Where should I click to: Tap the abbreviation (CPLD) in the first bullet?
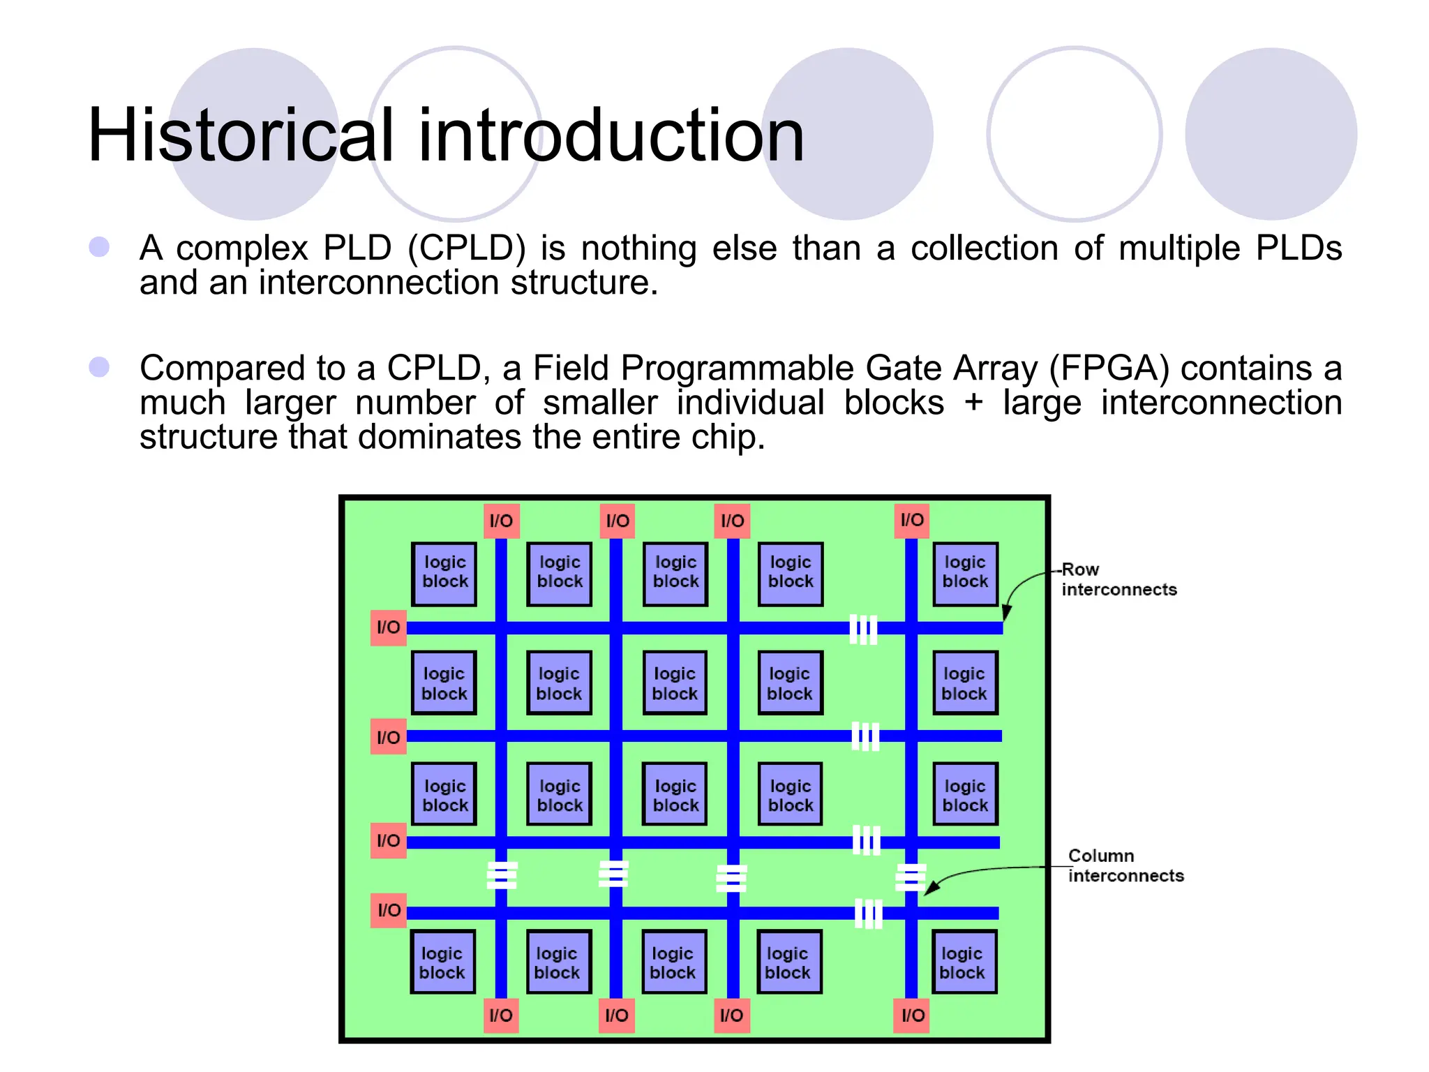(x=466, y=248)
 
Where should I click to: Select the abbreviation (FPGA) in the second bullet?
(x=1109, y=368)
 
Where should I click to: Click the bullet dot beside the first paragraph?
(x=99, y=246)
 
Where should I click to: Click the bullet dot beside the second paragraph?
(x=99, y=367)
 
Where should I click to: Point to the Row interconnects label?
(x=1118, y=579)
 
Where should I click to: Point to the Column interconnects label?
(x=1125, y=865)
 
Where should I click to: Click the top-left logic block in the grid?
(x=444, y=573)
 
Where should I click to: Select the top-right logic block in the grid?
(x=965, y=573)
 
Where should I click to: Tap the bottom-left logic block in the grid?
(x=442, y=962)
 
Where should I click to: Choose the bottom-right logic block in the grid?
(x=964, y=962)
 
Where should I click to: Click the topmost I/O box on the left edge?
(x=388, y=627)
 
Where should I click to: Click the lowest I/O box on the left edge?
(x=389, y=910)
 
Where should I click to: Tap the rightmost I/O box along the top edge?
(x=911, y=521)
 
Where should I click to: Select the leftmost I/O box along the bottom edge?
(x=501, y=1015)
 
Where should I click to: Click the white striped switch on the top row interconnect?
(x=863, y=630)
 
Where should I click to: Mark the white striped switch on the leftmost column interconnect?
(x=502, y=875)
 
